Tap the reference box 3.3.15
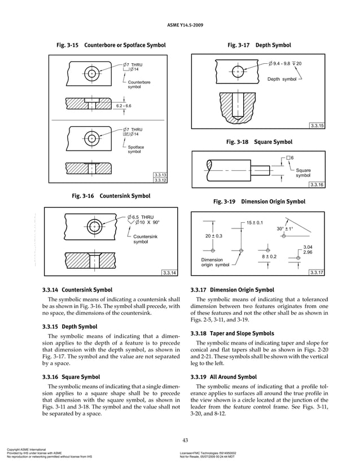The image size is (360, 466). coord(317,125)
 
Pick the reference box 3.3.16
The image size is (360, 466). coord(317,184)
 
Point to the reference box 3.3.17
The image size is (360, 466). coord(317,273)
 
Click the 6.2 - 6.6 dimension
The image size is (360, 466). coord(123,106)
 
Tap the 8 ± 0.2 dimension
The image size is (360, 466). coord(268,257)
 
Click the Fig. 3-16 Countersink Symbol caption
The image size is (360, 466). coord(110,197)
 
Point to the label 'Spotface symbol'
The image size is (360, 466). coord(135,150)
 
